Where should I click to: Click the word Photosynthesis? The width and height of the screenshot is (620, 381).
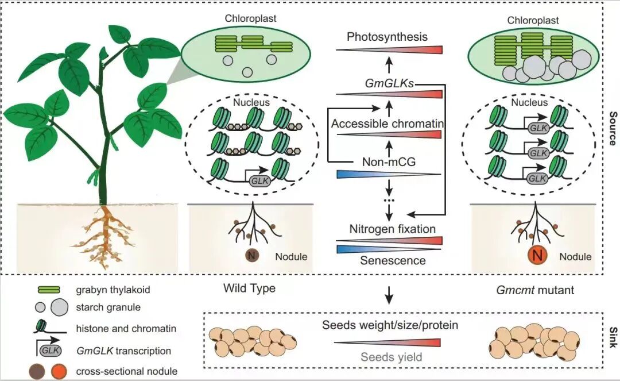(387, 37)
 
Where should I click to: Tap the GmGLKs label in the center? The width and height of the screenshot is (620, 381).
(389, 83)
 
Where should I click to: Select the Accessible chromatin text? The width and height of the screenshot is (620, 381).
(387, 124)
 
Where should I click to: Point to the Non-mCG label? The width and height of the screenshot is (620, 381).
(389, 161)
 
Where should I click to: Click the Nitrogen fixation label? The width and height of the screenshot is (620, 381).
(392, 229)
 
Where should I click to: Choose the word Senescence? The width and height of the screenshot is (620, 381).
(393, 260)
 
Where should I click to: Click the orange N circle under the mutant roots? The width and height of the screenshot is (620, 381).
(537, 255)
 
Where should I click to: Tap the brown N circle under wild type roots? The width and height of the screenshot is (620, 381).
(251, 255)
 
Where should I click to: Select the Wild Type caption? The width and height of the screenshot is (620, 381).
(249, 288)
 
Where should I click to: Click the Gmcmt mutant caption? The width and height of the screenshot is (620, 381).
(535, 290)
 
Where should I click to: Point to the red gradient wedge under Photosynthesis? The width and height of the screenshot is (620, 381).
(389, 50)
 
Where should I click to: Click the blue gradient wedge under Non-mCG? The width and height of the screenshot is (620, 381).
(389, 174)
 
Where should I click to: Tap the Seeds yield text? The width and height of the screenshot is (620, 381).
(391, 357)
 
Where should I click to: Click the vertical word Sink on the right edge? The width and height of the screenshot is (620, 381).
(613, 337)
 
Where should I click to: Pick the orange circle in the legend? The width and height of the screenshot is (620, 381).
(59, 371)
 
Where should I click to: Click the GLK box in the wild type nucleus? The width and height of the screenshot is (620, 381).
(260, 181)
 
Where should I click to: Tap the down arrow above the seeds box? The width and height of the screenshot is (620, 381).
(389, 295)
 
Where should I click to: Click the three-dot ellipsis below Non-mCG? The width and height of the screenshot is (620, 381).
(389, 201)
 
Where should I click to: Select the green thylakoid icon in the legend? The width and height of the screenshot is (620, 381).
(49, 290)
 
